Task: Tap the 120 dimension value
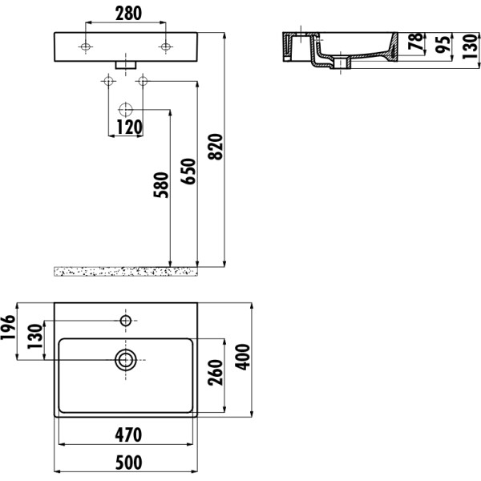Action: pos(127,127)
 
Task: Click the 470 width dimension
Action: pos(127,435)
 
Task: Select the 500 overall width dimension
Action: pos(127,463)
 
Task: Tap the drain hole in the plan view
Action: pos(125,359)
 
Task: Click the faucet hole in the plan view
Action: pos(125,321)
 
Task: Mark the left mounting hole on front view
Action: pos(86,48)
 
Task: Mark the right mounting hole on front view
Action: pos(165,48)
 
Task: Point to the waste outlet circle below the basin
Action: pos(126,109)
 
